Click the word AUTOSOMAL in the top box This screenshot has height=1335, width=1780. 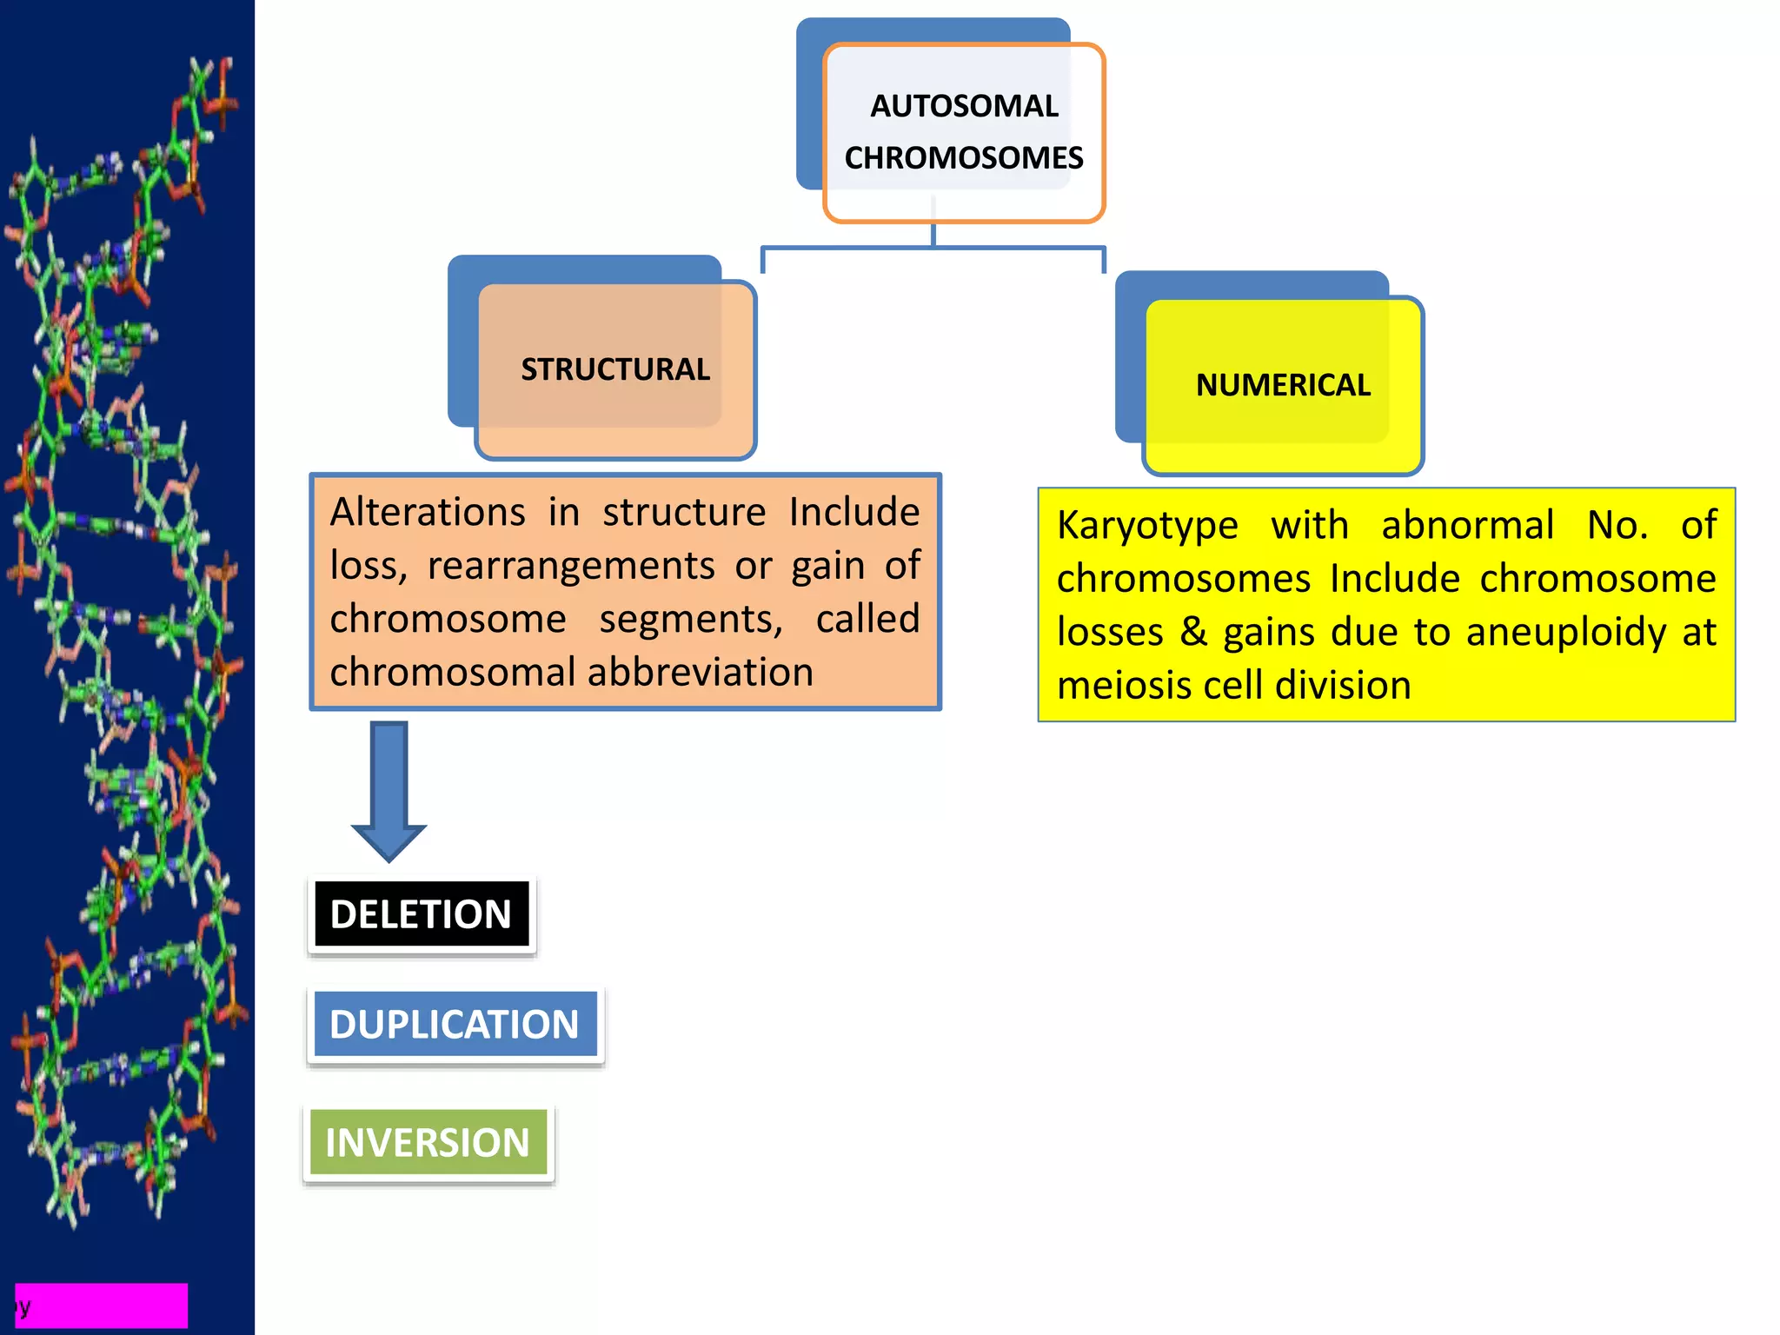point(964,106)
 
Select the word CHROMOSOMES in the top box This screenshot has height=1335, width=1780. point(964,158)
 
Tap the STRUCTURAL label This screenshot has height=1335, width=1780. point(615,369)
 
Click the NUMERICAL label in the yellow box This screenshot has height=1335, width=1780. point(1283,385)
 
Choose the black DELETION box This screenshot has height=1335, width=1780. point(422,914)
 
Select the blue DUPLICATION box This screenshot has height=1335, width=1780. point(455,1024)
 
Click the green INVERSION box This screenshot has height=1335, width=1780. point(428,1142)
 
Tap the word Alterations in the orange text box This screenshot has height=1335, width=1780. point(428,512)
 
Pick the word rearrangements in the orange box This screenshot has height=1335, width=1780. point(571,566)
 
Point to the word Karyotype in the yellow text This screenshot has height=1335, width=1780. point(1147,525)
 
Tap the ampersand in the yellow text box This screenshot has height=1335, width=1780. point(1193,632)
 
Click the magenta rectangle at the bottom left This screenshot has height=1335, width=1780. point(102,1305)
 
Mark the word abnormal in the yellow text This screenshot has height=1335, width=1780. point(1467,525)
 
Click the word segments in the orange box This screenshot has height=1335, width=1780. point(691,620)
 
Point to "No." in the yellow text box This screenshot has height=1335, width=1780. point(1617,525)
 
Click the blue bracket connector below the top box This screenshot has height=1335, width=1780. point(933,248)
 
